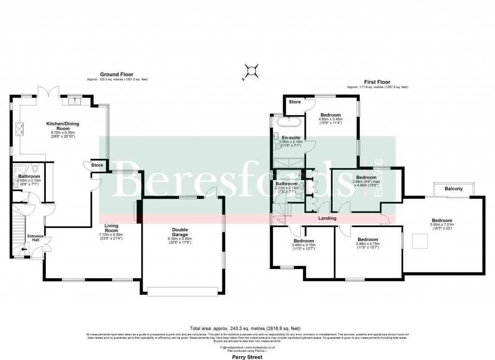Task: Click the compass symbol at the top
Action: tap(251, 72)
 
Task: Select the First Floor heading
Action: tap(377, 82)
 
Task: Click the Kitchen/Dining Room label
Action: tap(62, 124)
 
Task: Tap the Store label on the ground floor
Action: tap(97, 165)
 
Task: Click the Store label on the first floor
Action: tap(295, 102)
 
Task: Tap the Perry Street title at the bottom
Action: tap(247, 357)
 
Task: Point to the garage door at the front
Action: tap(182, 291)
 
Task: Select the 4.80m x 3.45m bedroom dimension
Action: tap(330, 119)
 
